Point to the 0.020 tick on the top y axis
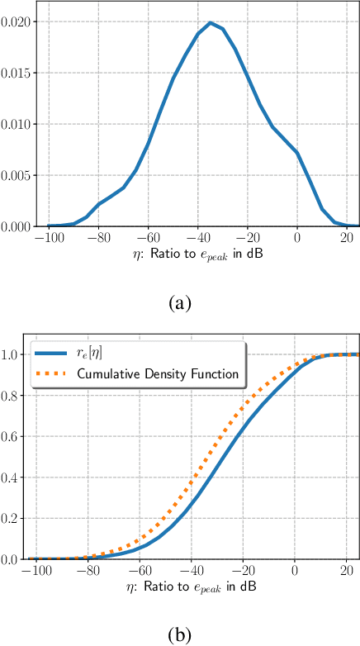coord(18,22)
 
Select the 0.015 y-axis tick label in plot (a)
coord(18,74)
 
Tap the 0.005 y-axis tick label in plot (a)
coord(18,175)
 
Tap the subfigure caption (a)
coord(180,303)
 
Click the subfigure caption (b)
coord(180,635)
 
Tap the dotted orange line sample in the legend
coord(54,374)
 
